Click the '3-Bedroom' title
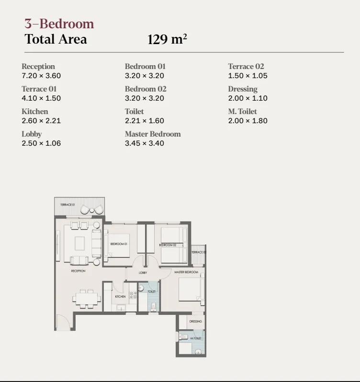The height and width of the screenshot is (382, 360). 59,23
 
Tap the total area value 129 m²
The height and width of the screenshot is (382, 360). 167,39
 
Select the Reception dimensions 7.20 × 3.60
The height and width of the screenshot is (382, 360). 41,76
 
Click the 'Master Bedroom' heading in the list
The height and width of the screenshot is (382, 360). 153,134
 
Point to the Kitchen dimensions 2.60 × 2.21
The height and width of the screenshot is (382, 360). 41,121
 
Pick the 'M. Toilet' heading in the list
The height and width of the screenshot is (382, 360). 242,112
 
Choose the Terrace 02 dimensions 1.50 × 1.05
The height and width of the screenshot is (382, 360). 247,76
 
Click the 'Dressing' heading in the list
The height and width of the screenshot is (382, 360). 243,89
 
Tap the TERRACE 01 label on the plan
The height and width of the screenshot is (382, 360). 67,205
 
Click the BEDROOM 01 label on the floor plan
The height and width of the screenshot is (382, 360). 118,244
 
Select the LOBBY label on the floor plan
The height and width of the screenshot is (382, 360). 143,273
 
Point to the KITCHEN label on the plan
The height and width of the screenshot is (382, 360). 120,297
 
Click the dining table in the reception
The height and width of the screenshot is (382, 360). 87,298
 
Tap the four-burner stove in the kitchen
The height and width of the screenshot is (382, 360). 133,295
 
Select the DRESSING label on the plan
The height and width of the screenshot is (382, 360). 195,322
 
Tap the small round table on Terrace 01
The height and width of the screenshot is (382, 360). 91,209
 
